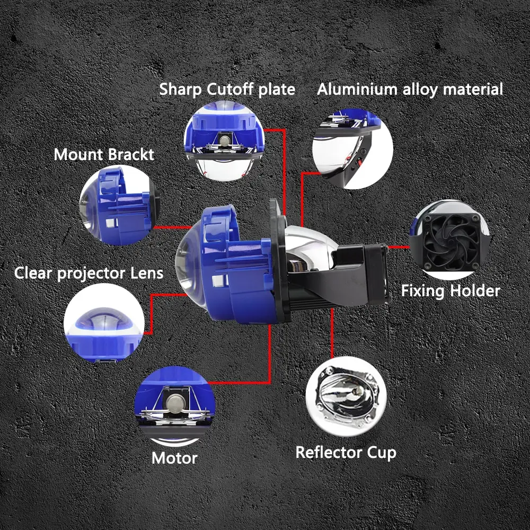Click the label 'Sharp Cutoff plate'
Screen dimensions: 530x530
[227, 90]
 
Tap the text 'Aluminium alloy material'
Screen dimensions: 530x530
[410, 90]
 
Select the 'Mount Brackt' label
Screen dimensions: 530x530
[104, 154]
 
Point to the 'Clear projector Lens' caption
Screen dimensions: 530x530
[89, 273]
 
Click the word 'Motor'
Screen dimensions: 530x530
[174, 458]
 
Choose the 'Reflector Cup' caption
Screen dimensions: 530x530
[346, 453]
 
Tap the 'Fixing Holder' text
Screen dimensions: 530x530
[450, 291]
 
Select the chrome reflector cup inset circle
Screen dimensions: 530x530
[346, 397]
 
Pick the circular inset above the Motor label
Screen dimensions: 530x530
[175, 406]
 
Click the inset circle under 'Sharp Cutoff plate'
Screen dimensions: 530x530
[224, 141]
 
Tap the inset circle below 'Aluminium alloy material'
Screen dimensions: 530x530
[353, 149]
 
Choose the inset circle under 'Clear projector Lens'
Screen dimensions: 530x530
[104, 323]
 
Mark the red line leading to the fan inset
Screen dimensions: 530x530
[399, 248]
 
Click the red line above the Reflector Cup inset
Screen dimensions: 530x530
[332, 333]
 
